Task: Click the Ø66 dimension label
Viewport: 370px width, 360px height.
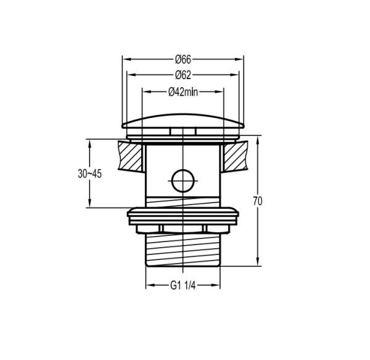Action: [183, 59]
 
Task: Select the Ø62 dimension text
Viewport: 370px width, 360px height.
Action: [183, 75]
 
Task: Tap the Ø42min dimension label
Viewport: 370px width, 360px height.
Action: [183, 92]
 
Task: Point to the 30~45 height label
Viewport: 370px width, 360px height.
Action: [89, 174]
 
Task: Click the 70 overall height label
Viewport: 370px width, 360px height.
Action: [258, 201]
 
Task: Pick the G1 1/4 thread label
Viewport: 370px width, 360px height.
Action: [183, 286]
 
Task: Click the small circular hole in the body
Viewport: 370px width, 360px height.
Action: [183, 181]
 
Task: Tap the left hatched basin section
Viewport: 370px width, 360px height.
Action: [131, 156]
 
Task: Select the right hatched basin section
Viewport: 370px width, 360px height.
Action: [236, 156]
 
